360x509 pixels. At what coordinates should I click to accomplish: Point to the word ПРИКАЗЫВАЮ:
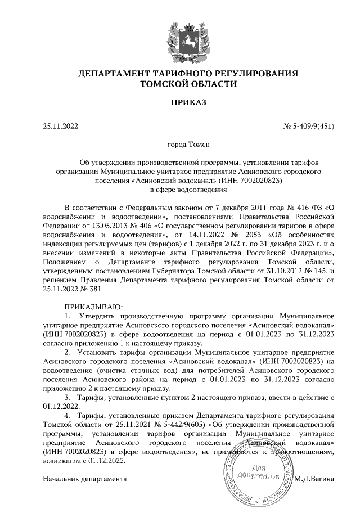tap(90, 307)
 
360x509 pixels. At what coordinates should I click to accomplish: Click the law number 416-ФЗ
tap(307, 208)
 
